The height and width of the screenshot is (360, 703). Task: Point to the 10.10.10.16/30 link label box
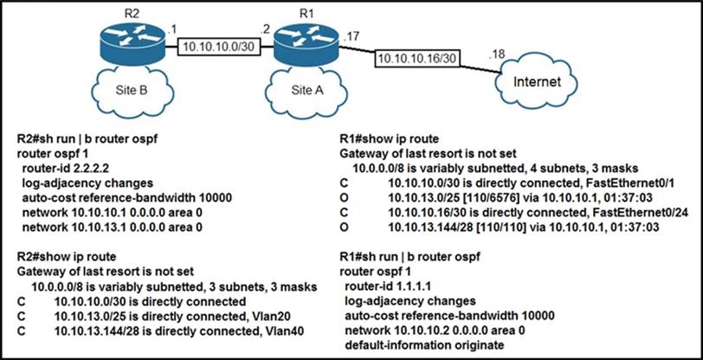click(416, 60)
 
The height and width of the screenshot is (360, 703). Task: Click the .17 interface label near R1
click(351, 36)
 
